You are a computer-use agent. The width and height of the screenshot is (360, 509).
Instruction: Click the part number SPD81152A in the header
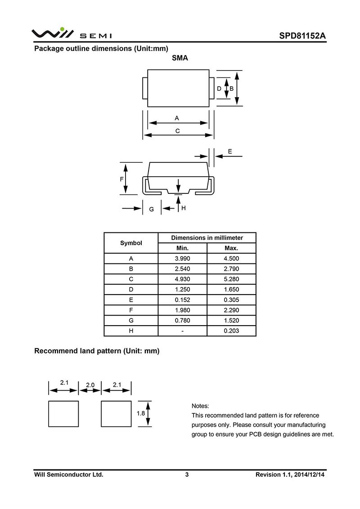[301, 36]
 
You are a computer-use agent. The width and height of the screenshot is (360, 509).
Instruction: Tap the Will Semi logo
[72, 34]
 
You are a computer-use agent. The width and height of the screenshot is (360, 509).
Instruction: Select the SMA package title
[180, 58]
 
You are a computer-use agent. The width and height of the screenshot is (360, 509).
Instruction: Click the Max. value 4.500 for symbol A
[231, 259]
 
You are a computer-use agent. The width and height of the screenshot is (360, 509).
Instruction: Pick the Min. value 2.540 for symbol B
[182, 269]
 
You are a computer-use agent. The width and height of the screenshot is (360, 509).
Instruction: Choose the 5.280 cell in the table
[231, 279]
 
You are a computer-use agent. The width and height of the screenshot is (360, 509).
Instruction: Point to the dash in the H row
[182, 331]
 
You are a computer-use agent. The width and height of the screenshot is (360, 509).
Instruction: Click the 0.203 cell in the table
[231, 331]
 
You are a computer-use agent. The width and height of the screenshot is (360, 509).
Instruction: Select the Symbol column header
[131, 243]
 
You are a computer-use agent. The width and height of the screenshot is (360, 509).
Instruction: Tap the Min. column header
[182, 248]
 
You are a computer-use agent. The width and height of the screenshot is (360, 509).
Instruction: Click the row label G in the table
[131, 321]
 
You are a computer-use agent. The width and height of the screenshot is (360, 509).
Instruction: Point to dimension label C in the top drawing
[178, 131]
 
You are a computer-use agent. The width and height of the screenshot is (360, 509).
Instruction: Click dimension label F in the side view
[122, 179]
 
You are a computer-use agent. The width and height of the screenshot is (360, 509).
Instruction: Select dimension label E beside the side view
[230, 152]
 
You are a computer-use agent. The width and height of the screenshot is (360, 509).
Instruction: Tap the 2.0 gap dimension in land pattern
[90, 385]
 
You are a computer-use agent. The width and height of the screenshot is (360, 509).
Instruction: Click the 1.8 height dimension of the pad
[140, 413]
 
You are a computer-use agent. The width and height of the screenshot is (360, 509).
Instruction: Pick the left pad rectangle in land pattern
[63, 414]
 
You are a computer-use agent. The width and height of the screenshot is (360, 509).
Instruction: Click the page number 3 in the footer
[187, 474]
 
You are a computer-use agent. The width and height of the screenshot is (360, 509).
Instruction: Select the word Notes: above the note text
[200, 406]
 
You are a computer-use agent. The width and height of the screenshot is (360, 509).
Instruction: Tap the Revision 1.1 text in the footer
[290, 474]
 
